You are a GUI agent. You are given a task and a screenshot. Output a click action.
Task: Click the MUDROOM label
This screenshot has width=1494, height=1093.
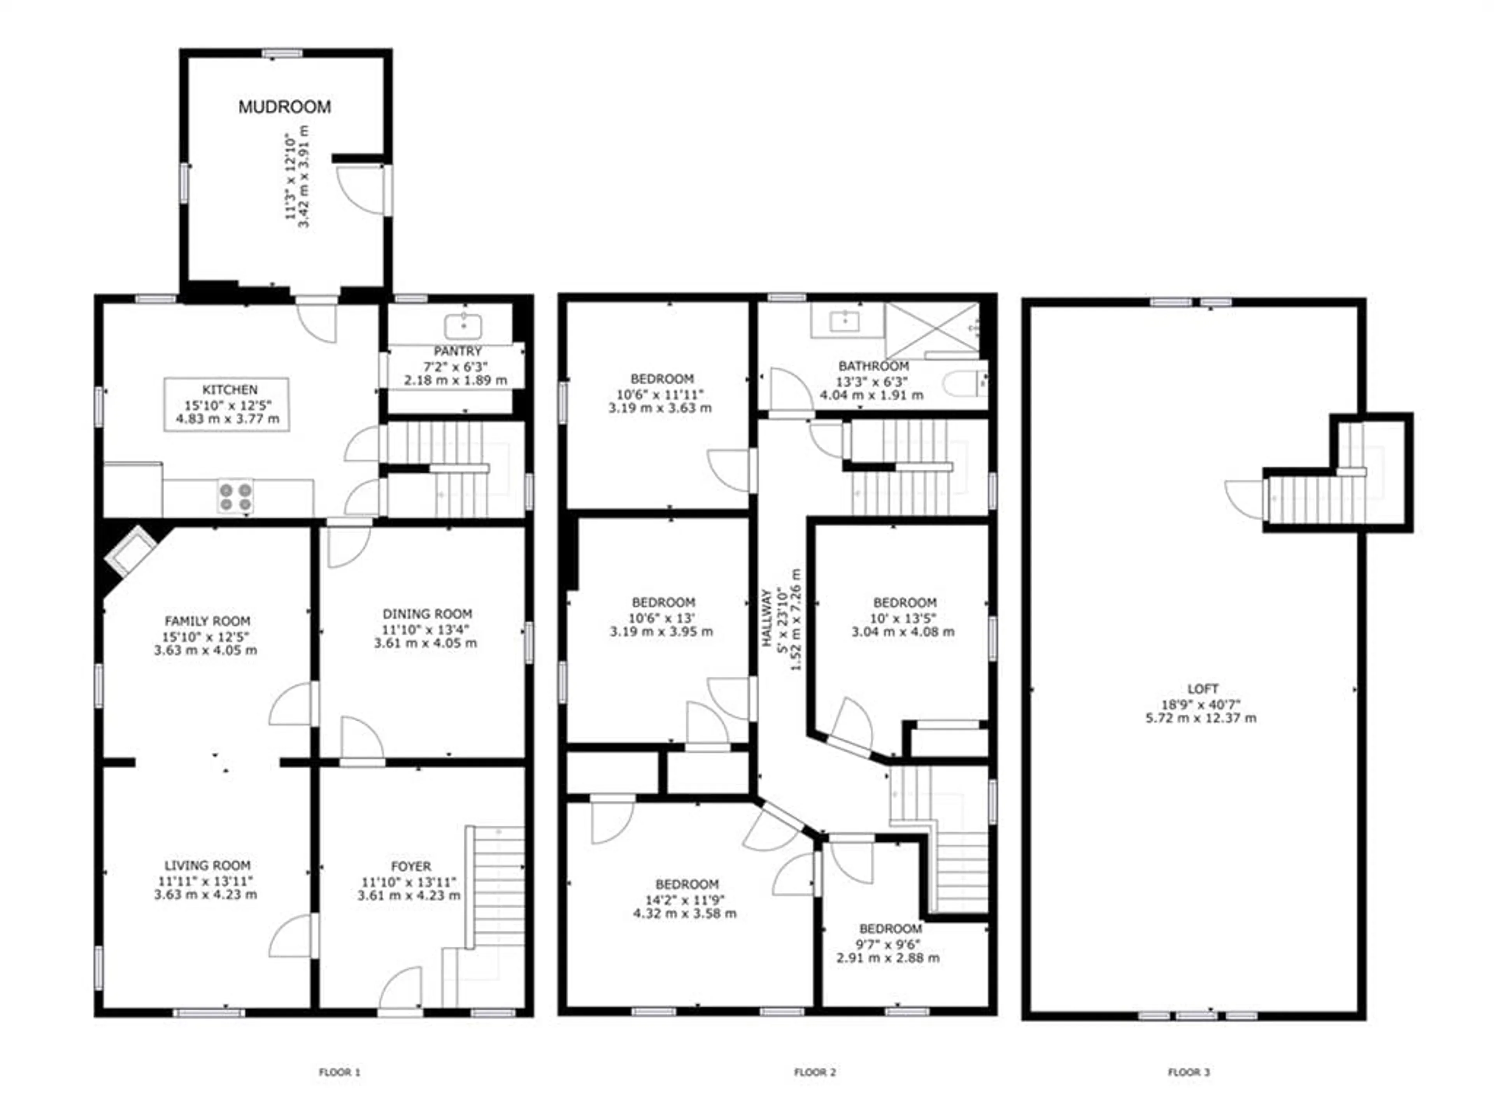pyautogui.click(x=284, y=107)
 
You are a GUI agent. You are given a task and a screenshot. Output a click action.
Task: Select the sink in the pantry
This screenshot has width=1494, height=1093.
pyautogui.click(x=463, y=326)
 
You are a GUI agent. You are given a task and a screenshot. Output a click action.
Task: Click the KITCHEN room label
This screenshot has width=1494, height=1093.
pyautogui.click(x=230, y=390)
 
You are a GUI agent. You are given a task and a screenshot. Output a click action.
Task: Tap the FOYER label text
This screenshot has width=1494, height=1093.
pyautogui.click(x=411, y=866)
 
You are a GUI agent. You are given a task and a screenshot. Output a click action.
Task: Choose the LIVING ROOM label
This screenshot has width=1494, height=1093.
pyautogui.click(x=207, y=865)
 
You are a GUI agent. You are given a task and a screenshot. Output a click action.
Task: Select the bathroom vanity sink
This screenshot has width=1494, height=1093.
pyautogui.click(x=845, y=321)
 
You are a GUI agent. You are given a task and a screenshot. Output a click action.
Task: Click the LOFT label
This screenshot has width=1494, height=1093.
pyautogui.click(x=1202, y=689)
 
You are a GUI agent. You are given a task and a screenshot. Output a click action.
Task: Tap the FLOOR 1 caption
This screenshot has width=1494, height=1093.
pyautogui.click(x=339, y=1072)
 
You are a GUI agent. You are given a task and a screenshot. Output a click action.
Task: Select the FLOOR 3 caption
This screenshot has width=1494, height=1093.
pyautogui.click(x=1189, y=1072)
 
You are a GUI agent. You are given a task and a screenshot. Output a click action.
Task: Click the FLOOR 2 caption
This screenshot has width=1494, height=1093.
pyautogui.click(x=815, y=1072)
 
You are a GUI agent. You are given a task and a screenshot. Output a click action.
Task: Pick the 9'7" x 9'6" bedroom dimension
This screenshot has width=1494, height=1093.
pyautogui.click(x=888, y=945)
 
